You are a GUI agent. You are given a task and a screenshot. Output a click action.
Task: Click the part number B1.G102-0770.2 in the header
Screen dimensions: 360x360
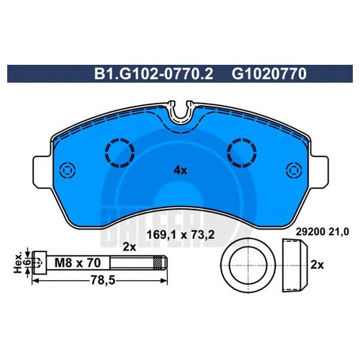[x=153, y=73]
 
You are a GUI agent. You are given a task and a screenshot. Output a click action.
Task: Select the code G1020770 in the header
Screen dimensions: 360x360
[x=269, y=73]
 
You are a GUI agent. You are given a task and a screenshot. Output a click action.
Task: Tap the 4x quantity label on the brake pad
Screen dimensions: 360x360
[x=180, y=171]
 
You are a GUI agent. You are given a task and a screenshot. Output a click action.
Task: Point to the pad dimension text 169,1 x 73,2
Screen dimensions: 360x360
[x=180, y=235]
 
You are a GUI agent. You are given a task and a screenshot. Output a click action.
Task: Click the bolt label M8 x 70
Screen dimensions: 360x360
[x=78, y=263]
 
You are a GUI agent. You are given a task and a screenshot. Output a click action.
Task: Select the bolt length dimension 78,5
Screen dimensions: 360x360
[x=102, y=280]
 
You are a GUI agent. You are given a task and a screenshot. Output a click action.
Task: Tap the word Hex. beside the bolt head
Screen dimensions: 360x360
[x=18, y=262]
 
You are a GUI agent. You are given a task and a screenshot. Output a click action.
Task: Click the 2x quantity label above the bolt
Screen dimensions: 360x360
[x=130, y=247]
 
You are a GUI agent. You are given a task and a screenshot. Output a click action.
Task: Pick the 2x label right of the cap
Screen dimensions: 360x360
[x=317, y=265]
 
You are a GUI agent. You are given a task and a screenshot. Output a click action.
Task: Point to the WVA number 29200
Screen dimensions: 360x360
[x=310, y=232]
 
